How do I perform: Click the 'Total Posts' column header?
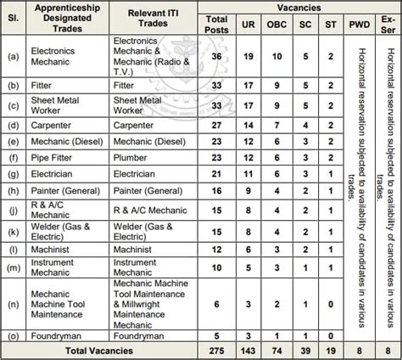[217, 23]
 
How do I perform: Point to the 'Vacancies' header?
[299, 6]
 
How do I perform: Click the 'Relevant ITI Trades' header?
[153, 15]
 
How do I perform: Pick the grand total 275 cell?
[216, 351]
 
